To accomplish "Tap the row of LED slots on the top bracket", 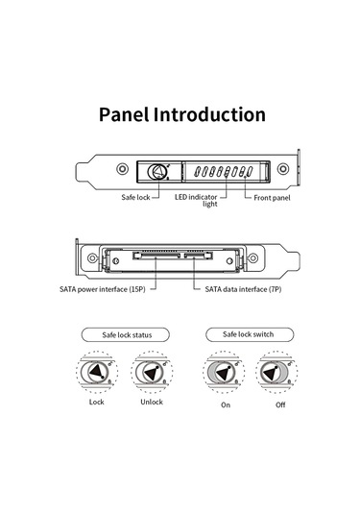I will [x=222, y=173].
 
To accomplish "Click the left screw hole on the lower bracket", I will [x=92, y=258].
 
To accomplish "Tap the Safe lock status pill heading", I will [x=122, y=335].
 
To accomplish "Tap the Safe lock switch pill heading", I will [x=248, y=334].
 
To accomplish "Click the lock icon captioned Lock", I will [x=96, y=371].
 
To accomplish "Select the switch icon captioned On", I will [x=225, y=371].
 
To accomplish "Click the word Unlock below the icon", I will [x=150, y=402].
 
